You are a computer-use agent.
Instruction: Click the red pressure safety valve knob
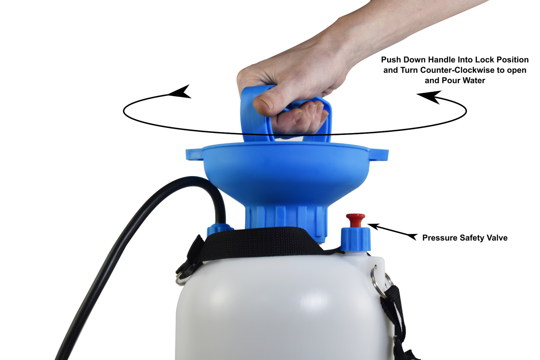355,220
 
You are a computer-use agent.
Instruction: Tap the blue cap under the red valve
356,239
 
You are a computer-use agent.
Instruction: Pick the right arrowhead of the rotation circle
430,97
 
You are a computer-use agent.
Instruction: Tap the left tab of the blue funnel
194,155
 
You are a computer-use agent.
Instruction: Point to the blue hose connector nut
220,230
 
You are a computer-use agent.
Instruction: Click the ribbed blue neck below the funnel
286,223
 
